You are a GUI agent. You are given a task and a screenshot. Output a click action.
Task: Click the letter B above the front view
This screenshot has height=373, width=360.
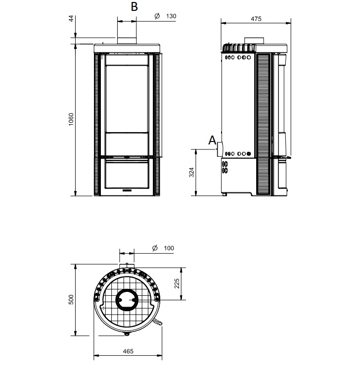click(135, 6)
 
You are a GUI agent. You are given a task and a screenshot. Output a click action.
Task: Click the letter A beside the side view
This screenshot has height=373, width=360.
click(212, 140)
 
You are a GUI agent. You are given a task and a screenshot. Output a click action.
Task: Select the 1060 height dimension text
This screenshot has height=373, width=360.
click(71, 119)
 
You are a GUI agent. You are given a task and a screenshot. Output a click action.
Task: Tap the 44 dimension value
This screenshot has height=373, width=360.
click(71, 19)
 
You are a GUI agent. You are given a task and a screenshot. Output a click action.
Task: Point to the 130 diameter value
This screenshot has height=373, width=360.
click(171, 16)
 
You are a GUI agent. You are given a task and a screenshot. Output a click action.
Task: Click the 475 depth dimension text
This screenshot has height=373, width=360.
click(256, 19)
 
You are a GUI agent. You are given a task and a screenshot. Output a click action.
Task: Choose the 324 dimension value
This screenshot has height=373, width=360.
click(192, 172)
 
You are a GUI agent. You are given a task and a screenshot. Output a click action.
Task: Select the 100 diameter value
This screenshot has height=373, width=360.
click(169, 248)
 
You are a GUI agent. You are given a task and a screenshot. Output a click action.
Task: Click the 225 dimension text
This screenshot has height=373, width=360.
click(177, 283)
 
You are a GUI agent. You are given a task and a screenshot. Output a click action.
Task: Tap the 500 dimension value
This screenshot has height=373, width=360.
click(71, 299)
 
